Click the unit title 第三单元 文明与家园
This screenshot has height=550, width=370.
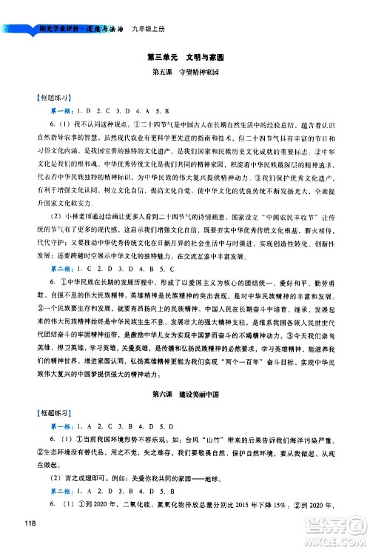click(x=185, y=56)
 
